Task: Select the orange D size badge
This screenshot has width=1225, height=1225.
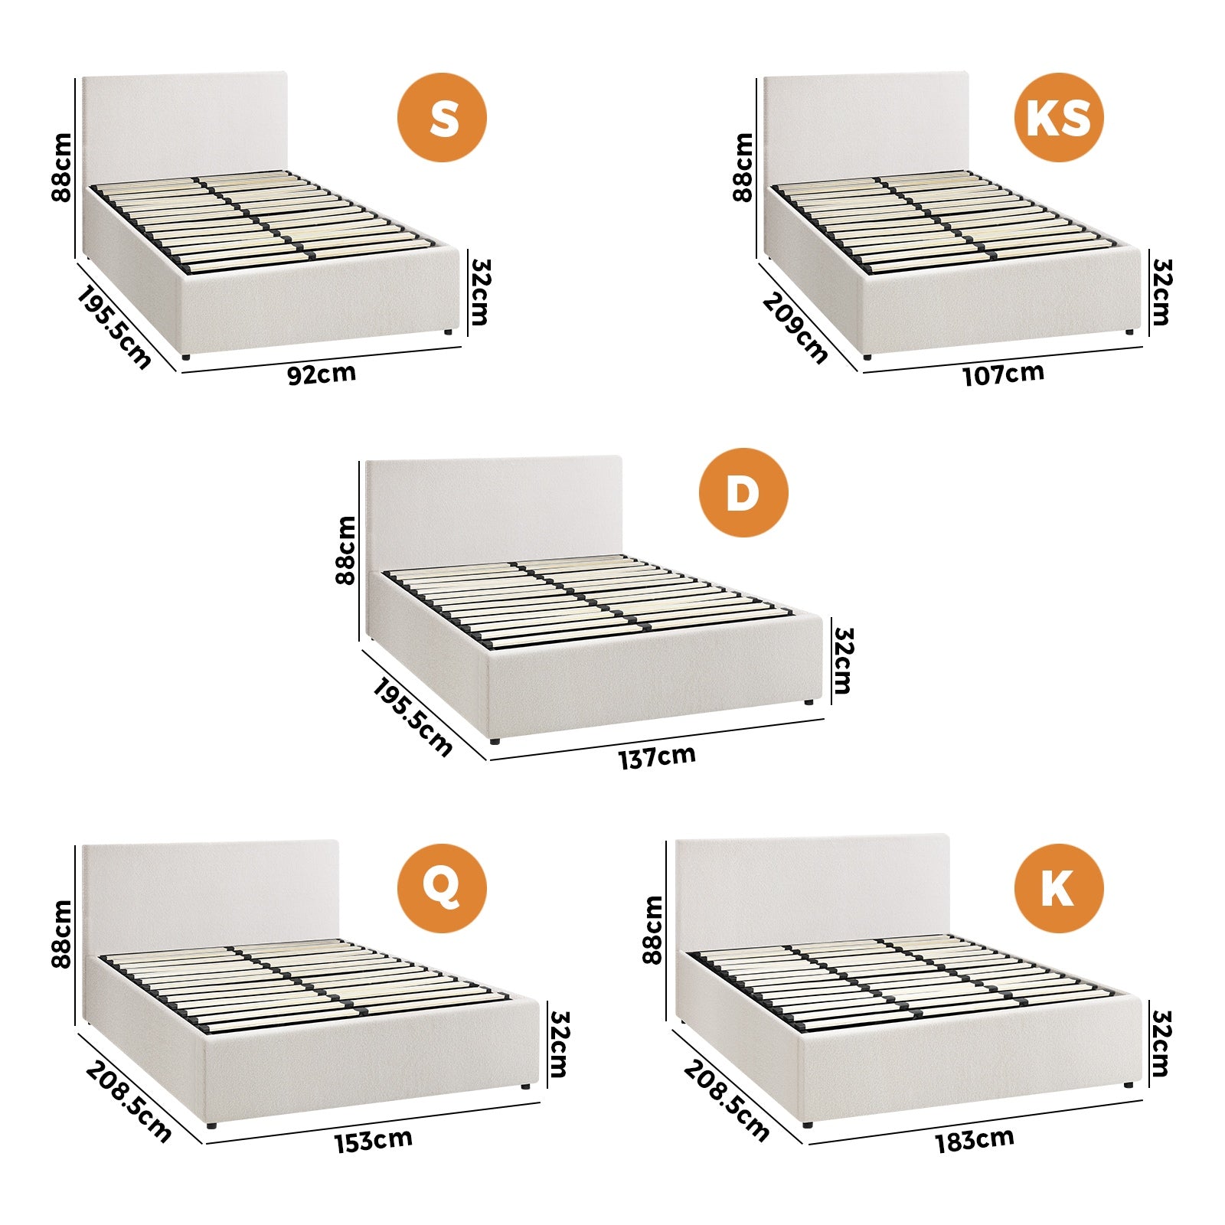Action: click(743, 492)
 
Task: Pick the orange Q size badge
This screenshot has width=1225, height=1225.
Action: click(442, 888)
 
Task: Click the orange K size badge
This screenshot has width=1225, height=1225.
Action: click(1059, 888)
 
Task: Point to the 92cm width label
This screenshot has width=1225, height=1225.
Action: click(322, 374)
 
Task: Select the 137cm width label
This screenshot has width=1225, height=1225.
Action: click(657, 757)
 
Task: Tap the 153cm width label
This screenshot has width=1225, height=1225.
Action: click(373, 1140)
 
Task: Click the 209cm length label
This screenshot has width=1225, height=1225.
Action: click(795, 328)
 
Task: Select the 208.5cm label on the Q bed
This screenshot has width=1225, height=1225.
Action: click(128, 1101)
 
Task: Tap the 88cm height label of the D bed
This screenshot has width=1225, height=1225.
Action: click(346, 550)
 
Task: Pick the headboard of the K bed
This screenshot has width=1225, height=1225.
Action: click(812, 888)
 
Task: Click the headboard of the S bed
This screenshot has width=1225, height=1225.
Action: click(184, 122)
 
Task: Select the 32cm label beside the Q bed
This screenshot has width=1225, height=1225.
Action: click(559, 1044)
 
